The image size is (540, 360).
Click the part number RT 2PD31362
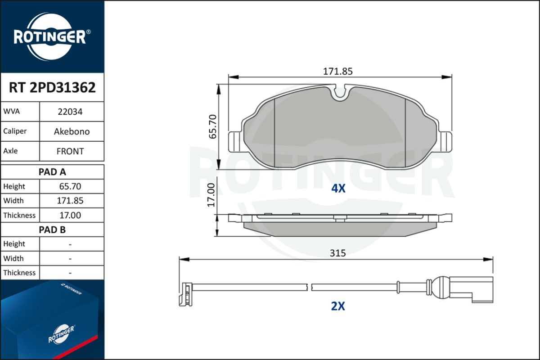52,88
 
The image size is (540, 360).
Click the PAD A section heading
52,171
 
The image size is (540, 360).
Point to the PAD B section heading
52,229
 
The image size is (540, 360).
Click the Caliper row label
15,131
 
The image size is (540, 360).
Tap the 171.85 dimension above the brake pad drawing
337,71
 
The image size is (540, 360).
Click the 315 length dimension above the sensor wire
337,253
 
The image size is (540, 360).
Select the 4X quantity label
338,189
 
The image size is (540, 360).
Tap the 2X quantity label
337,306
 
